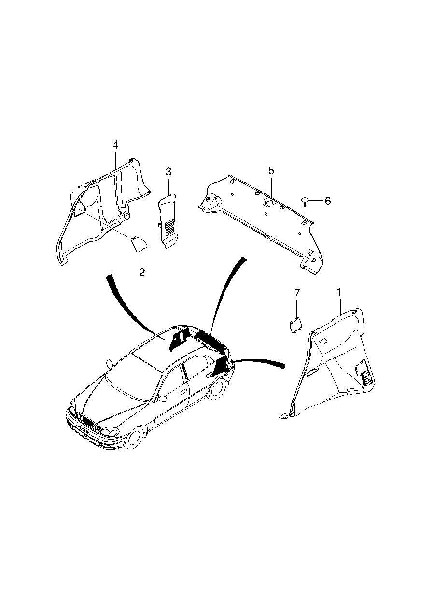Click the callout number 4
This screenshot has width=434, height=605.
115,145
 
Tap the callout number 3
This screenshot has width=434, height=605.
168,171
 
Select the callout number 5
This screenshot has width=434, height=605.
271,170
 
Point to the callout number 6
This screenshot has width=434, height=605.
327,201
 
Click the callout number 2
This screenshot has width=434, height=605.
142,272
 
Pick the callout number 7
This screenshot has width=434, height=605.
297,292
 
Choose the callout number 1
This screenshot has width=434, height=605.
338,292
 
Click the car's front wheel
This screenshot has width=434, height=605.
135,438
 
